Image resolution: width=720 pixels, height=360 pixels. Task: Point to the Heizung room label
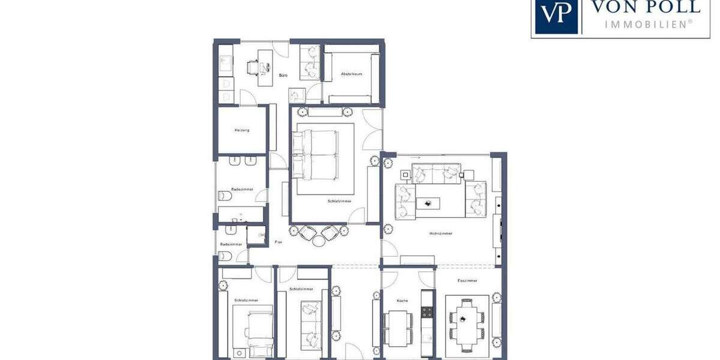pos(242,130)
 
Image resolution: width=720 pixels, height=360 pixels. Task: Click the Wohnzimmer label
pos(440,233)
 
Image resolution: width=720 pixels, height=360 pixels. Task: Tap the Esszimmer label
pos(467,280)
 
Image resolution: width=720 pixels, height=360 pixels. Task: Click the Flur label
pos(278,242)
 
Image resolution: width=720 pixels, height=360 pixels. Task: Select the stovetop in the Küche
pos(427,312)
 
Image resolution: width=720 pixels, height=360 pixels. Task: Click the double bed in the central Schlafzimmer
pos(316,155)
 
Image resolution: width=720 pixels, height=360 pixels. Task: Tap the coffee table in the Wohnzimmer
pos(428,203)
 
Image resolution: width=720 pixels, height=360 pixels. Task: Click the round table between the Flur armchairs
pos(319,241)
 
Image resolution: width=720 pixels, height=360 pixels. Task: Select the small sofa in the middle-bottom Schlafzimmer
pos(311,324)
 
